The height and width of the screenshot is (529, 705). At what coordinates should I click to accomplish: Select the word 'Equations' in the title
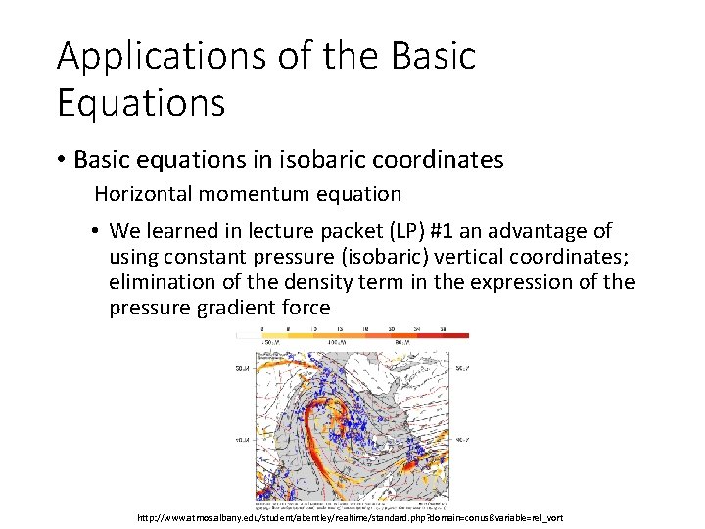click(141, 102)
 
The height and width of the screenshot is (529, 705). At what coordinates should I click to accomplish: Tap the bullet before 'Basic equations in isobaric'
click(62, 160)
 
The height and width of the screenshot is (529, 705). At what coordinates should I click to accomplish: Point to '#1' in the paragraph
click(460, 232)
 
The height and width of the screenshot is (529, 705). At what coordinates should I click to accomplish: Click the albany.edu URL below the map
click(352, 517)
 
